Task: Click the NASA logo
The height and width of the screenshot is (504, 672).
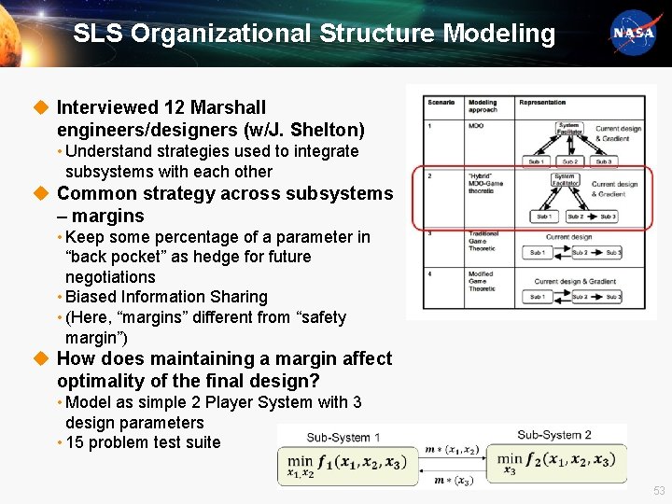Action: click(x=633, y=33)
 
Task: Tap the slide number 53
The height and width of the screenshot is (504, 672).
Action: click(x=659, y=491)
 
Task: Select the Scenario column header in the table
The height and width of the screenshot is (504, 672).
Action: click(x=441, y=102)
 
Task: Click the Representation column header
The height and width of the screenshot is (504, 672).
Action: click(x=542, y=102)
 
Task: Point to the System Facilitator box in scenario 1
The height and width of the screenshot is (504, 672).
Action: click(x=568, y=129)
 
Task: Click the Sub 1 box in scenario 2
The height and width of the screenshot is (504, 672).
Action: click(x=541, y=217)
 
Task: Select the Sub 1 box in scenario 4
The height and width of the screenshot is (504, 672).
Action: click(x=537, y=297)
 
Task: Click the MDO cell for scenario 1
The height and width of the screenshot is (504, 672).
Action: click(x=476, y=124)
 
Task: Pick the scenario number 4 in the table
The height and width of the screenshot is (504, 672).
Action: click(x=429, y=273)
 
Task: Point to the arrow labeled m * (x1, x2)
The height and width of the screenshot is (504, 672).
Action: click(x=453, y=451)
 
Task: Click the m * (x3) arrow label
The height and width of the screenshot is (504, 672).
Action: click(x=453, y=481)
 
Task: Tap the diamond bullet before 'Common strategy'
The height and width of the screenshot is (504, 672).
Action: click(x=40, y=194)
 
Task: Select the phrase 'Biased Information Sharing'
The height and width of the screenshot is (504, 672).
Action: click(x=167, y=297)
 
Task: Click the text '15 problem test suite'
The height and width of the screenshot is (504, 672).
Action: click(x=143, y=442)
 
